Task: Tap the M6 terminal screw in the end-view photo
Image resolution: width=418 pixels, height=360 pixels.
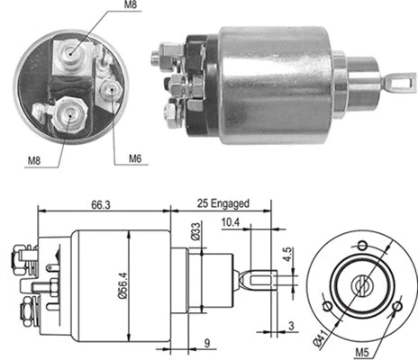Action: coord(110,89)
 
